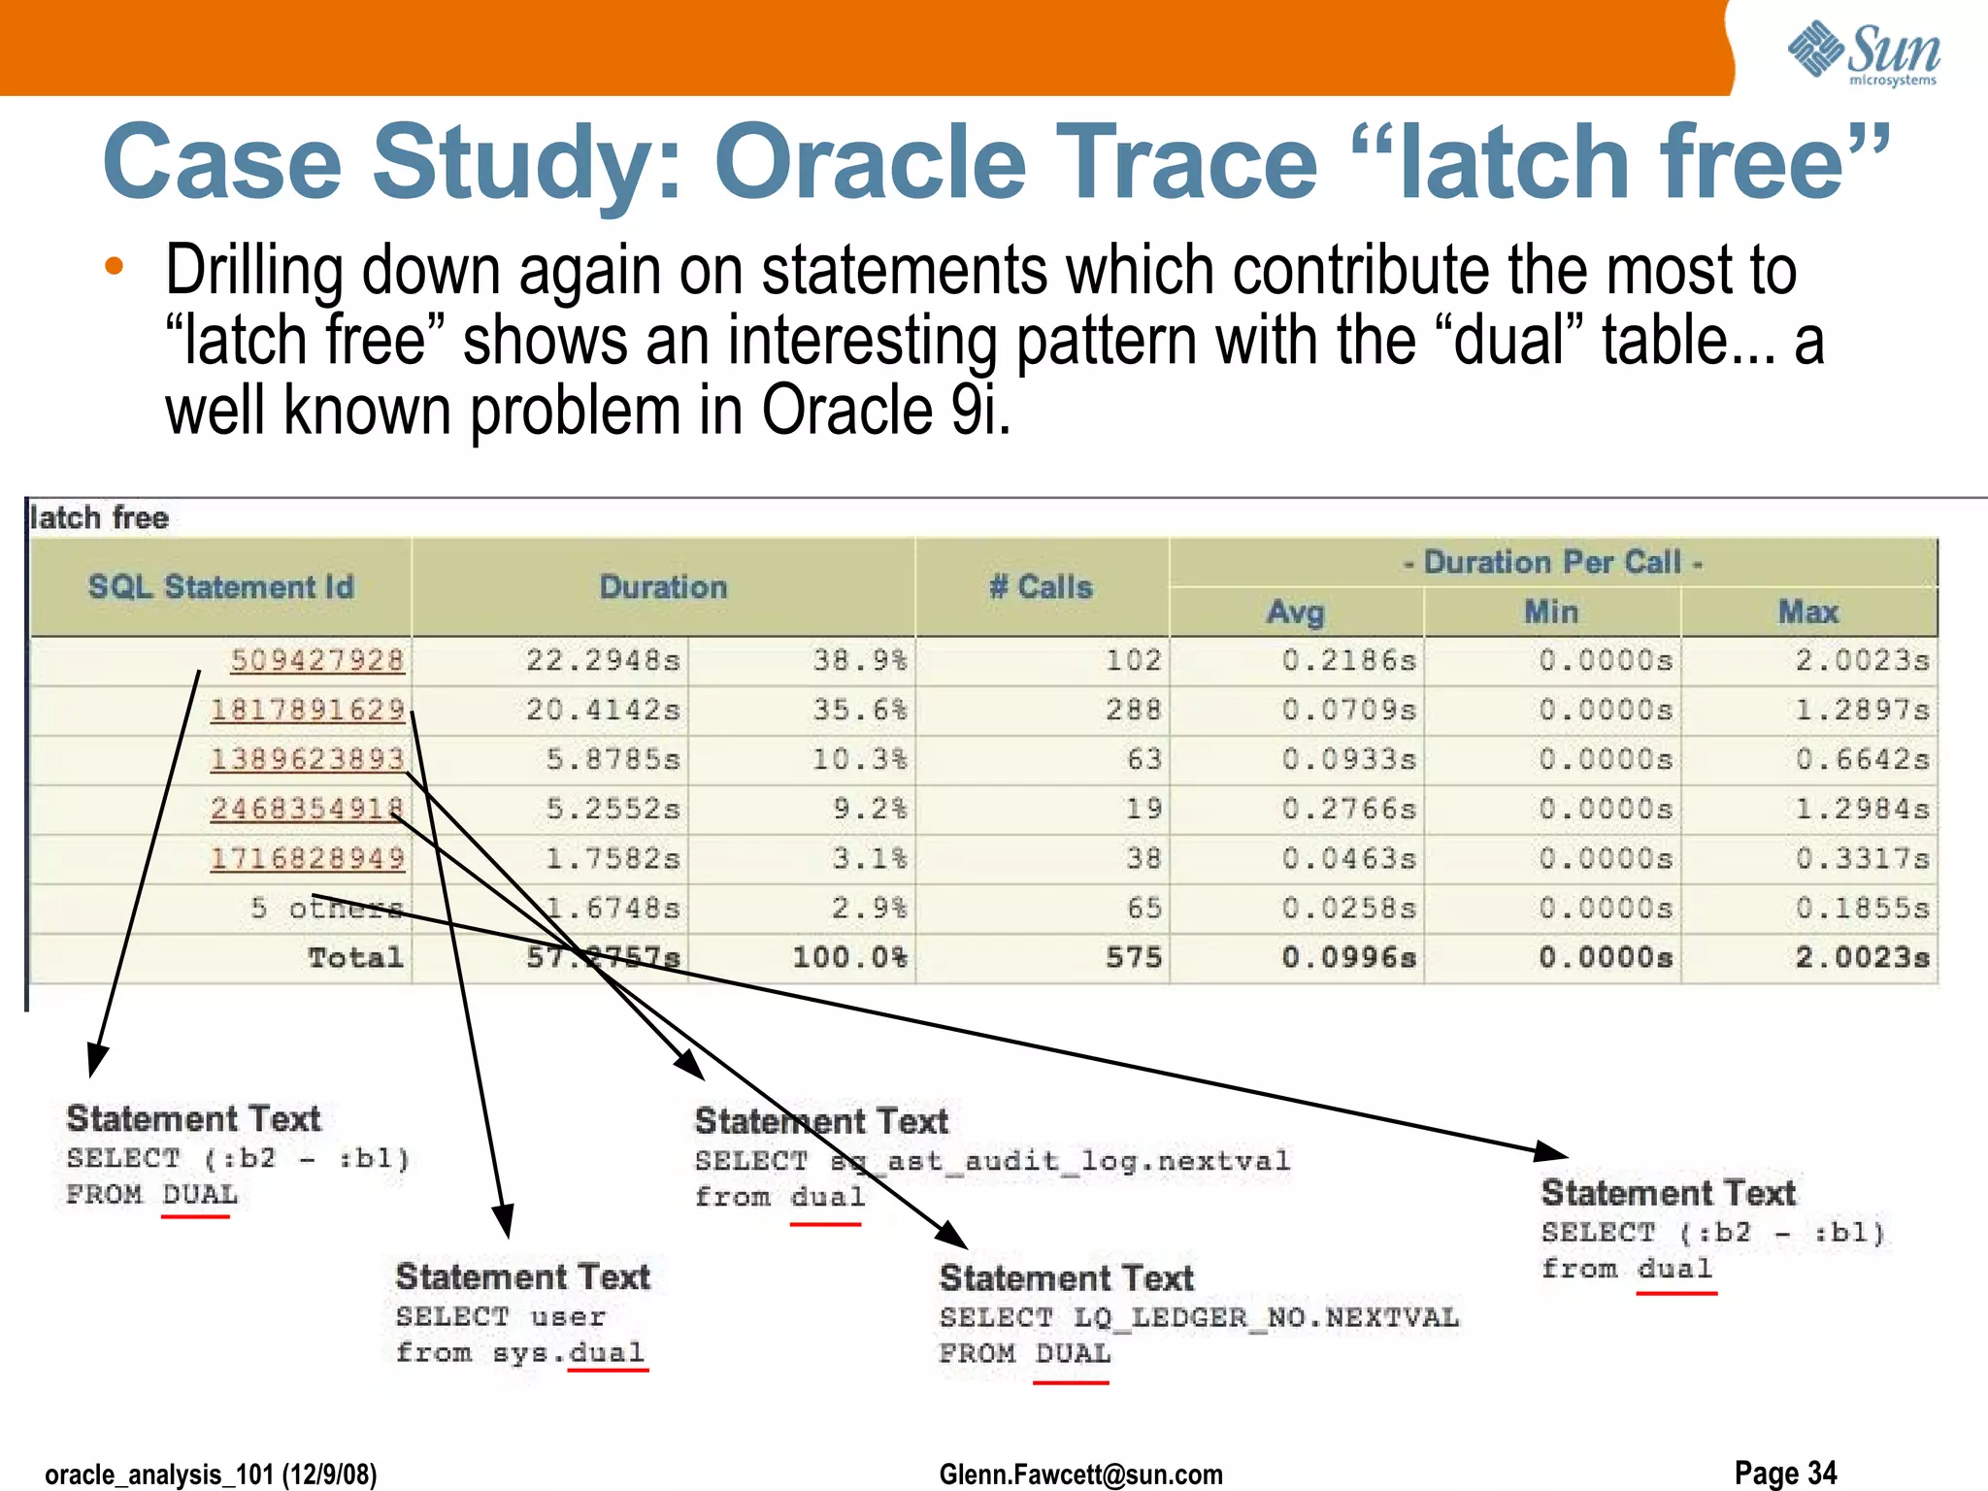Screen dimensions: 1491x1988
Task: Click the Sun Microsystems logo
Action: coord(1864,52)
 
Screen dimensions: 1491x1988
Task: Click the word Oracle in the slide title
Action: coord(871,162)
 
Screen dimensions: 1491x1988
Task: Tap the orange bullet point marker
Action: coord(115,266)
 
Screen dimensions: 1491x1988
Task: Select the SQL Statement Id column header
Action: coord(221,587)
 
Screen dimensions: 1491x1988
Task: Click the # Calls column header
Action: coord(1041,587)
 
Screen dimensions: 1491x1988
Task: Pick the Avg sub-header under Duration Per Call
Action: coord(1296,613)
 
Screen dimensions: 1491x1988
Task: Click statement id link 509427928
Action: coord(316,660)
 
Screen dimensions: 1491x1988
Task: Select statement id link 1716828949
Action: coord(308,858)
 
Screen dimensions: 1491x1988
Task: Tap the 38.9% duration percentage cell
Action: coord(860,661)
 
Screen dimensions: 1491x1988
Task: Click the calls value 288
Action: coord(1133,710)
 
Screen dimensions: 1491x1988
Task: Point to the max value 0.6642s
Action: coord(1861,759)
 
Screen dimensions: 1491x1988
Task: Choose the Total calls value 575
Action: coord(1133,958)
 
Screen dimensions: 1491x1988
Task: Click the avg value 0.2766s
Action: coord(1348,809)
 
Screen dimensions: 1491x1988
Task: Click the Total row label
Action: coord(355,958)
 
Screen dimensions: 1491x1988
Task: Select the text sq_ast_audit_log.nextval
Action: coord(1060,1161)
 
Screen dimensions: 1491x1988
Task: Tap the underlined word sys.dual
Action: coord(568,1353)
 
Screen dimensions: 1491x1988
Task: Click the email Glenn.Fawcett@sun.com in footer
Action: coord(1080,1474)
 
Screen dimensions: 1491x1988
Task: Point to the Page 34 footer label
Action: coord(1785,1473)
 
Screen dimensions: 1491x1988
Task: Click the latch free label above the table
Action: coord(99,517)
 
